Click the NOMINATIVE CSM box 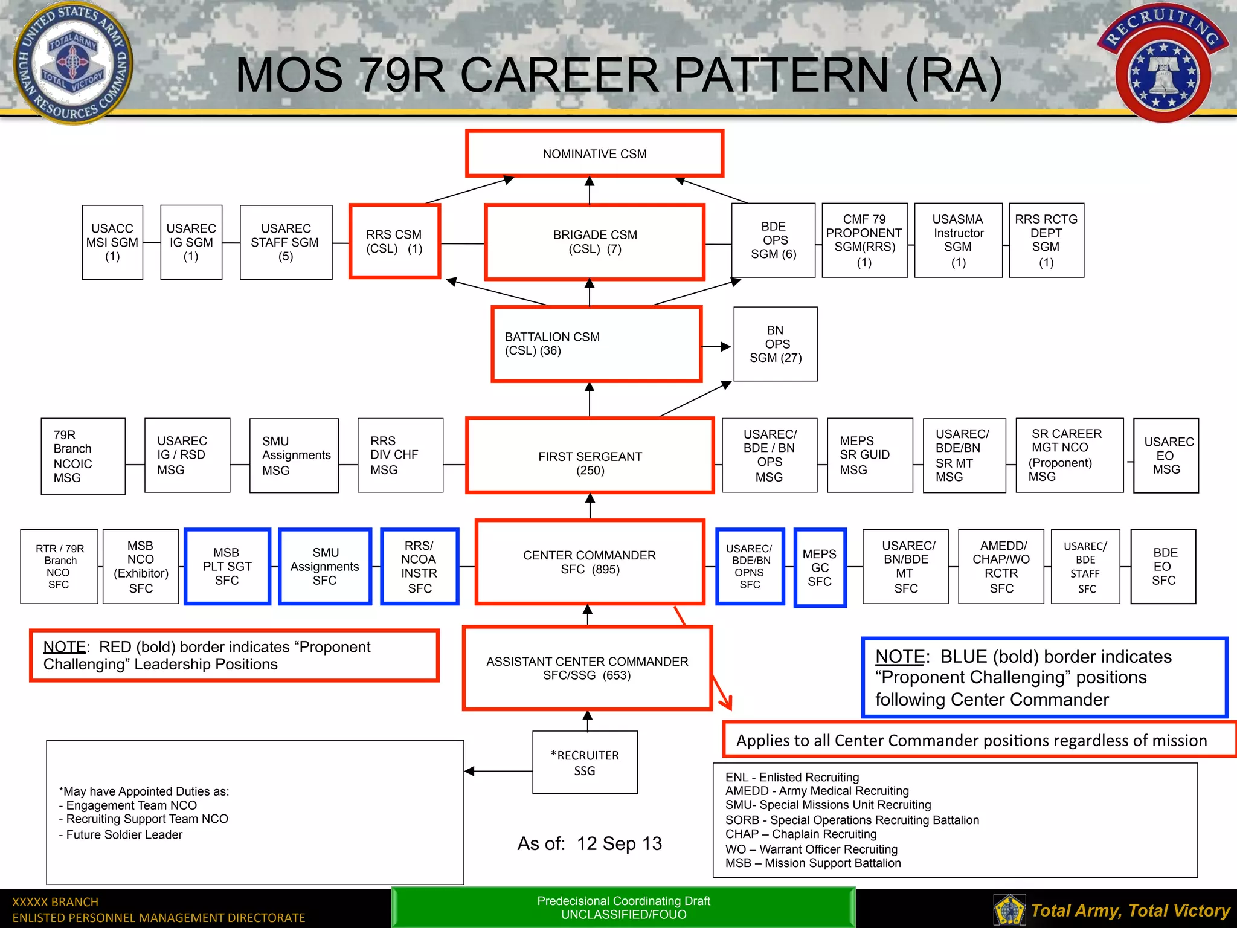point(594,153)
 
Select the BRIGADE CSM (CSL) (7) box point(594,242)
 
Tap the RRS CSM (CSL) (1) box point(394,242)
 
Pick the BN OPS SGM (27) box point(776,344)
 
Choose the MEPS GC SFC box point(820,568)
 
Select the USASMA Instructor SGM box point(958,240)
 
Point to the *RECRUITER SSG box point(585,762)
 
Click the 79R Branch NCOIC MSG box point(83,456)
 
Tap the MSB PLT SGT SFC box point(227,567)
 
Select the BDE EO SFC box point(1163,567)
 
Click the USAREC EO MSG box point(1166,456)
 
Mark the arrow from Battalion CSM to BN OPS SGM point(717,347)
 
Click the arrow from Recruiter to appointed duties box point(498,771)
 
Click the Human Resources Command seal point(73,62)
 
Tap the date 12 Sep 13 point(619,843)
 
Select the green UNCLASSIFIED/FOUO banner point(623,907)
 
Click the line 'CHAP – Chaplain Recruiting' point(801,834)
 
